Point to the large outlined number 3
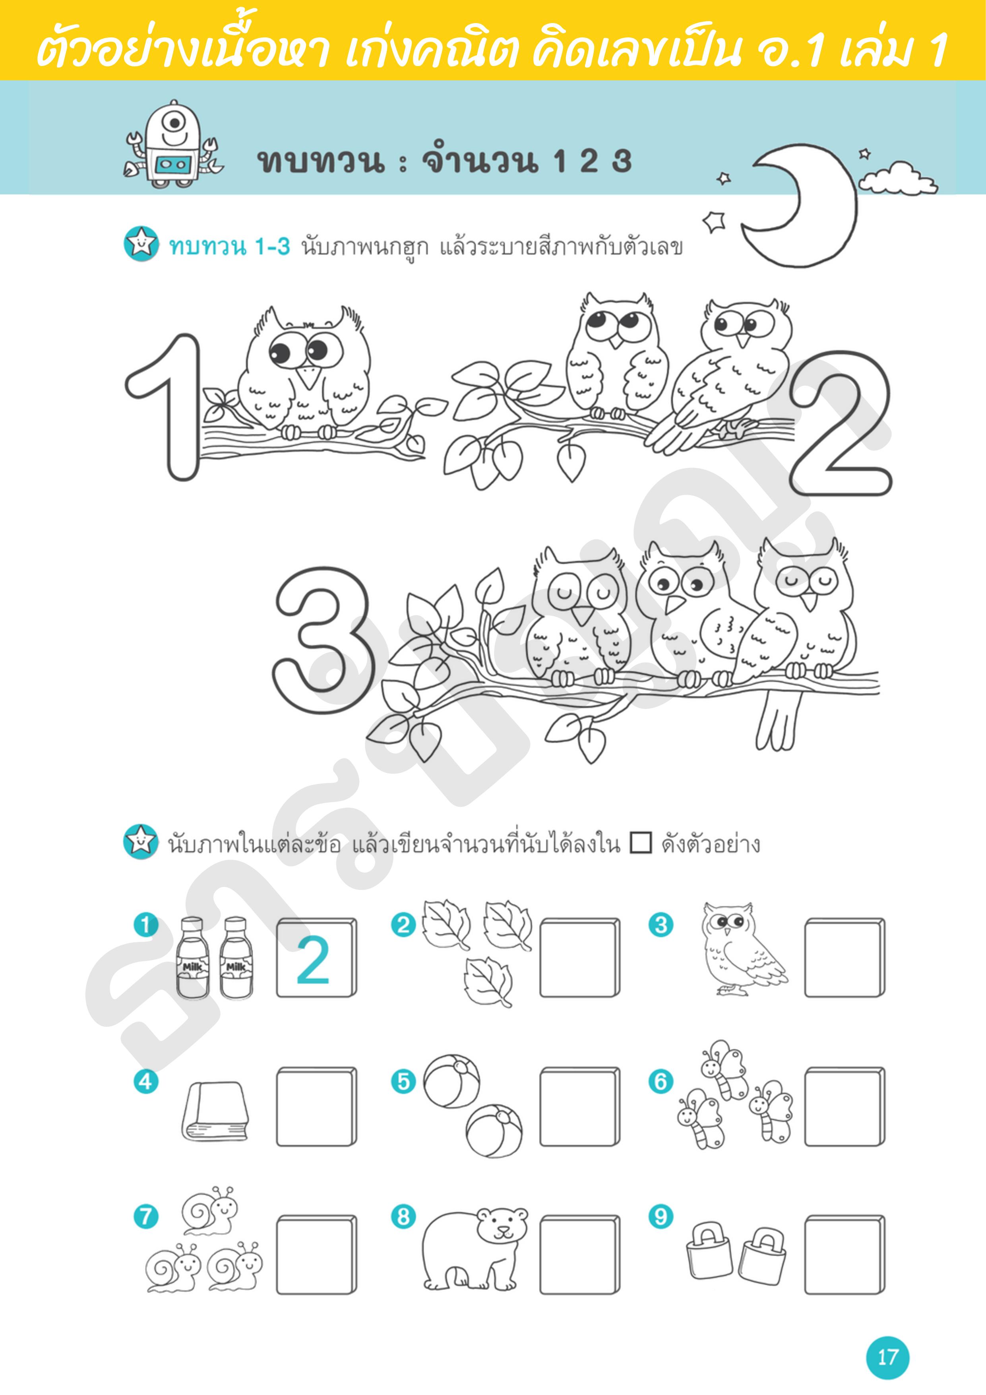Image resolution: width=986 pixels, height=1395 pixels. pyautogui.click(x=321, y=640)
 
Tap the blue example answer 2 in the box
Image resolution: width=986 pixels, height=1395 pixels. pyautogui.click(x=313, y=960)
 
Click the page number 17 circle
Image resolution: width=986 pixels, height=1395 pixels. pyautogui.click(x=887, y=1357)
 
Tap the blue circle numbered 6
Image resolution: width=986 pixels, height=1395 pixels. pyautogui.click(x=661, y=1081)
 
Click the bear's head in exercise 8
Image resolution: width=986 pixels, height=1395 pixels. pyautogui.click(x=502, y=1224)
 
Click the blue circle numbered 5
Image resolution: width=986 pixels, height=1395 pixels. pyautogui.click(x=403, y=1081)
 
